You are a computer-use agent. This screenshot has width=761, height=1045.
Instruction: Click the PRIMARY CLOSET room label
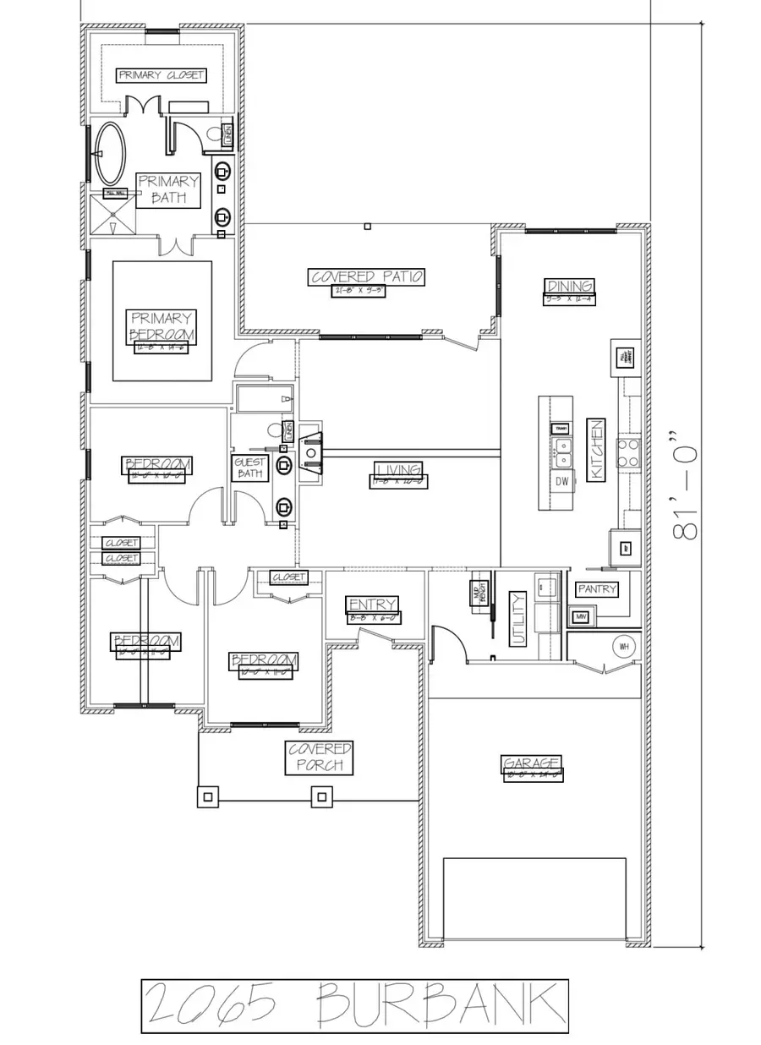coord(161,75)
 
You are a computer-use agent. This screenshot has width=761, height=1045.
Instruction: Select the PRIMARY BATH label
coord(169,189)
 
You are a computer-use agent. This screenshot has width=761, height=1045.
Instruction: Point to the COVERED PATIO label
coord(367,276)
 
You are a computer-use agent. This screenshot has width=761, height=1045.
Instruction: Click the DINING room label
coord(570,287)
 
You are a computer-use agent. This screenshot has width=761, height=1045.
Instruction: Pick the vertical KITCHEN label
coord(595,450)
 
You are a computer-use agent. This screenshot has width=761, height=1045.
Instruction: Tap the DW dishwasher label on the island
coord(562,481)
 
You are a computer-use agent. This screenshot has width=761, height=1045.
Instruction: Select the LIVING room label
coord(398,470)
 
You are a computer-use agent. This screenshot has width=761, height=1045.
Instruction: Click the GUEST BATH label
coord(250,468)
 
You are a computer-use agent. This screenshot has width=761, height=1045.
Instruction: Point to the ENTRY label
coord(372,605)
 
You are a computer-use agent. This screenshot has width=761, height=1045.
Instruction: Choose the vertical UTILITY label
coord(517,619)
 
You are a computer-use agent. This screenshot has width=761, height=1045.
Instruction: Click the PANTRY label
coord(597,588)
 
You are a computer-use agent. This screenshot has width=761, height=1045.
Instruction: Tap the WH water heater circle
coord(625,647)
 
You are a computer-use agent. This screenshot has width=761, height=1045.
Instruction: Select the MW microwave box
coord(580,617)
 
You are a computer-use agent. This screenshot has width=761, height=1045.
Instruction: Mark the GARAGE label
coord(532,764)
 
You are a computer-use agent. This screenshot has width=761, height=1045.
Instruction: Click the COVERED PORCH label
coord(320,758)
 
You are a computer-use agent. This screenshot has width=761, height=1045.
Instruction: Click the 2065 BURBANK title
coord(354,1005)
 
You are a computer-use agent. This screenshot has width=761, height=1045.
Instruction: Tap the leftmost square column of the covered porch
coord(208,796)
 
